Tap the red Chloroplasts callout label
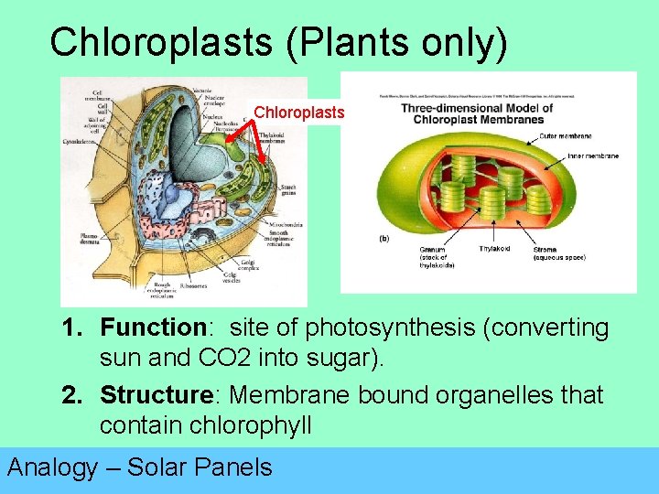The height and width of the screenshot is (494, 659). coord(298,113)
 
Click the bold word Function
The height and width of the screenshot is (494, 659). coord(151,328)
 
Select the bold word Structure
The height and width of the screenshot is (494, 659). coord(156,395)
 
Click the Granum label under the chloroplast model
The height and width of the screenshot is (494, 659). coord(432,250)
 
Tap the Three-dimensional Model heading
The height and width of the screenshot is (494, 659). coord(476,108)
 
